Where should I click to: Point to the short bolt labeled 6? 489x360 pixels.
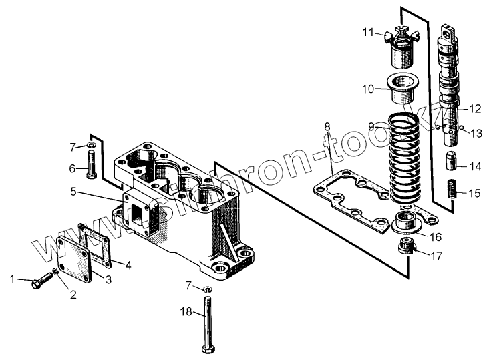tap(92, 163)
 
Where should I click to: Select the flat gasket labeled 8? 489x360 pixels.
tap(353, 198)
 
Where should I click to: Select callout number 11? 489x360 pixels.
tap(369, 32)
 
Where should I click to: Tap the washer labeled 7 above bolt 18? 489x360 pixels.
tap(207, 289)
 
